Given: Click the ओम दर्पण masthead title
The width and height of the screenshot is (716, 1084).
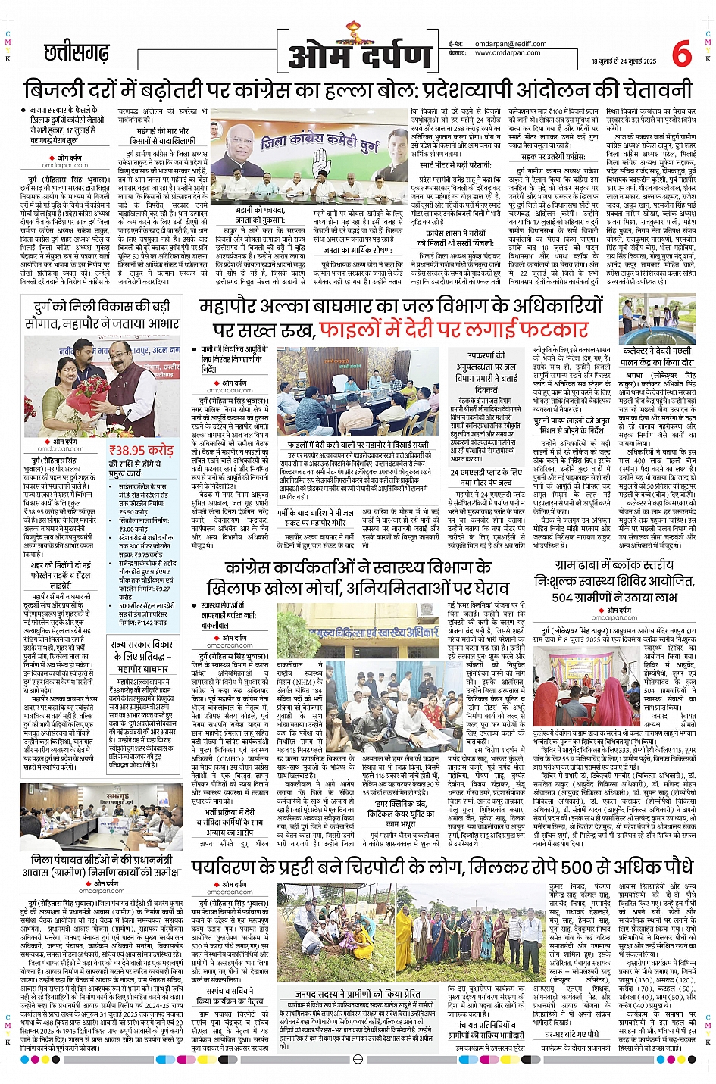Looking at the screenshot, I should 360,55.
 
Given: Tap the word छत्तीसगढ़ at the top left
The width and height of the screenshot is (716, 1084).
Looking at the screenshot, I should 76,53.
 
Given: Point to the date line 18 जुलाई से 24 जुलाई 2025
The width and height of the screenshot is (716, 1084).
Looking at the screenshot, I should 624,61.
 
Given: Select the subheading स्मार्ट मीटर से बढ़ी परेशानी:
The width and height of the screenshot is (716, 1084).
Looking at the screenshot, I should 455,164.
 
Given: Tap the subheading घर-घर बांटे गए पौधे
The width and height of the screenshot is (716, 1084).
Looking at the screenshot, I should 571,1034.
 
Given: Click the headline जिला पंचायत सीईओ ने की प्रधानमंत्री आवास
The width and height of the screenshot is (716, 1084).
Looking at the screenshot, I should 102,866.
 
